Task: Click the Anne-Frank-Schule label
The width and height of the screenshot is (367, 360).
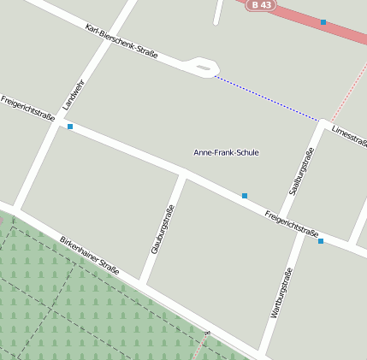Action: pyautogui.click(x=226, y=152)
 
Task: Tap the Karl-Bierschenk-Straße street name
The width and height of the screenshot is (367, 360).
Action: pyautogui.click(x=121, y=42)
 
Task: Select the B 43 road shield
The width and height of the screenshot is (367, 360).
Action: pyautogui.click(x=263, y=5)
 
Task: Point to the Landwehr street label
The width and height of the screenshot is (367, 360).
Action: pyautogui.click(x=74, y=95)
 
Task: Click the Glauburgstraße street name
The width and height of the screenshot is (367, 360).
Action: pyautogui.click(x=163, y=229)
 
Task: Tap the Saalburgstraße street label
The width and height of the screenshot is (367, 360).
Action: pyautogui.click(x=301, y=170)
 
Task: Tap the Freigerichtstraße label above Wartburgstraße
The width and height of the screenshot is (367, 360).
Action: pyautogui.click(x=292, y=222)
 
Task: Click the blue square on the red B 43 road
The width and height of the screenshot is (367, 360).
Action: pyautogui.click(x=323, y=22)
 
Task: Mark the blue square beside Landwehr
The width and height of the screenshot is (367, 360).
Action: pyautogui.click(x=70, y=127)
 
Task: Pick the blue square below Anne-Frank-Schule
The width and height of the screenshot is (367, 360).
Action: pyautogui.click(x=245, y=196)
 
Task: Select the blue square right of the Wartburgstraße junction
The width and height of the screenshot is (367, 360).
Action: pyautogui.click(x=321, y=241)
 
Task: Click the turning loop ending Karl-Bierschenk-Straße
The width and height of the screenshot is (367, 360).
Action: pyautogui.click(x=203, y=66)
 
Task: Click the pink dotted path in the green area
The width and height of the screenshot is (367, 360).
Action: pyautogui.click(x=202, y=344)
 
